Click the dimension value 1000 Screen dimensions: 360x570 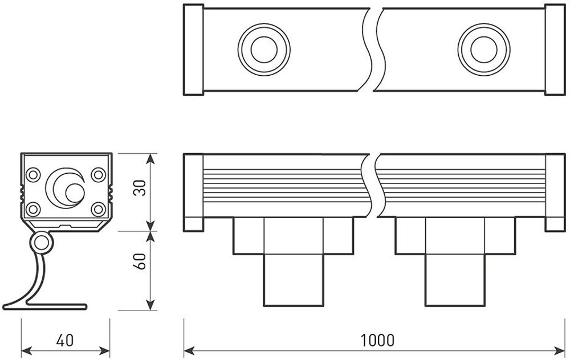pos(377,341)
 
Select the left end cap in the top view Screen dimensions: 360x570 pos(193,50)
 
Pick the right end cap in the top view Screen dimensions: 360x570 pos(555,50)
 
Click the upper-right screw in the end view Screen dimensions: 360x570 pos(99,173)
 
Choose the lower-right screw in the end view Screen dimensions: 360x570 pos(99,208)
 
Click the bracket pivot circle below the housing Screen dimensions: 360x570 pos(42,244)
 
